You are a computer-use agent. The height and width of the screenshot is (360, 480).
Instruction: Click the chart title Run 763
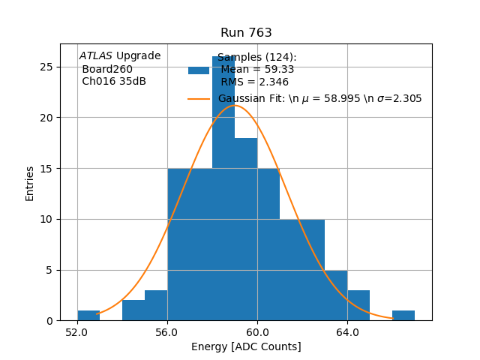click(x=246, y=33)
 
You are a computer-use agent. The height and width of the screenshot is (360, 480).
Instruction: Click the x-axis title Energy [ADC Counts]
click(x=246, y=346)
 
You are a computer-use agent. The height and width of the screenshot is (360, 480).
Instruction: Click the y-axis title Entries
click(x=30, y=183)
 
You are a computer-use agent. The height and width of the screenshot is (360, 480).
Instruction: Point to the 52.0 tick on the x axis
click(x=77, y=331)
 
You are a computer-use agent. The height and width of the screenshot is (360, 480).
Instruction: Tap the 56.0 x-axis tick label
click(x=167, y=331)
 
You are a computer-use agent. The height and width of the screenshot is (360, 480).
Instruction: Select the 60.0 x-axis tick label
click(x=257, y=331)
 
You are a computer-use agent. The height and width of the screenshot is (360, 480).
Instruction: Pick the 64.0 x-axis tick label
click(x=347, y=331)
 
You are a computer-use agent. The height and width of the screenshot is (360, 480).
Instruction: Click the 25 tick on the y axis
click(x=47, y=67)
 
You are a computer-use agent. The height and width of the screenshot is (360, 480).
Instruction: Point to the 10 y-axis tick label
click(x=47, y=219)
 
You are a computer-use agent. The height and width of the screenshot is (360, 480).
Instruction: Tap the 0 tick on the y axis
click(x=50, y=321)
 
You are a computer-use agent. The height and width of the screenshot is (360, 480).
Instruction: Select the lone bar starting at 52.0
click(x=88, y=316)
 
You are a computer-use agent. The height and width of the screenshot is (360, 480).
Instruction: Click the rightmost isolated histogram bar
click(x=403, y=316)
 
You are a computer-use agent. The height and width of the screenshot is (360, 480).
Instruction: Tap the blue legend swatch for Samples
click(x=199, y=70)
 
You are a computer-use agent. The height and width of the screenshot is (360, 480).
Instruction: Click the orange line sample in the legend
click(x=199, y=98)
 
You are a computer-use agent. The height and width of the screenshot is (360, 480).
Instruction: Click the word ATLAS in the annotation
click(x=96, y=55)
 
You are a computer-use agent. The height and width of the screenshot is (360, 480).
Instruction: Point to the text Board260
click(x=107, y=69)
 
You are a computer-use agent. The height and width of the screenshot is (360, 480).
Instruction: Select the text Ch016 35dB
click(x=114, y=81)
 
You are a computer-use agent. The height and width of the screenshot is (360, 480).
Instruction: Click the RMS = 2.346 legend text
click(x=254, y=82)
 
